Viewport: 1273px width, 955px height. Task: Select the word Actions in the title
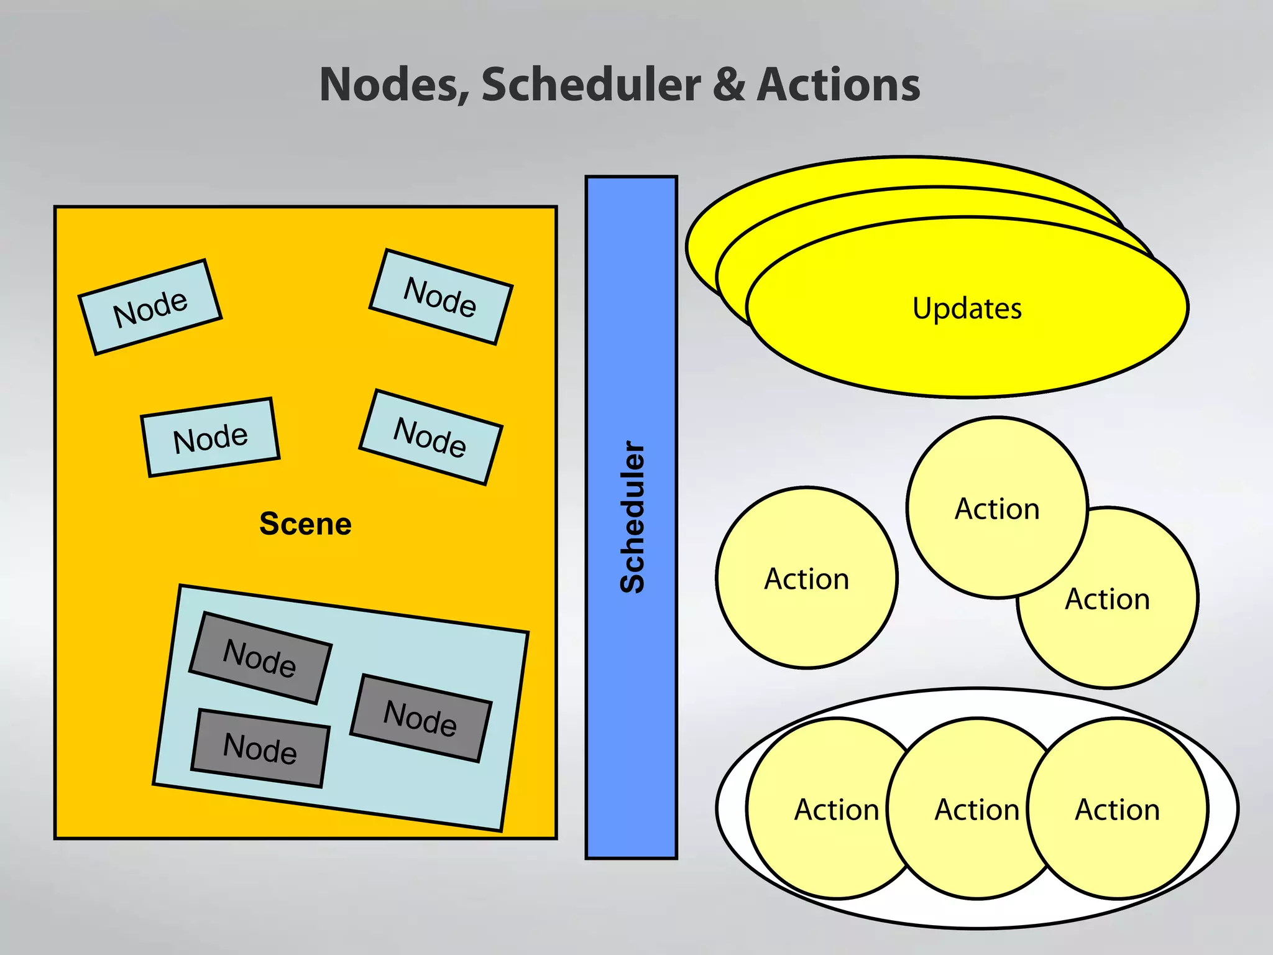point(839,85)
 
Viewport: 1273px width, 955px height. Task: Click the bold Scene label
point(305,524)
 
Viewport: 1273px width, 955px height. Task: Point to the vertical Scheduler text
point(633,516)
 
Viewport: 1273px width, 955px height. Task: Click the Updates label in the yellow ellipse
point(967,308)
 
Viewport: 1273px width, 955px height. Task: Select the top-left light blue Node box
point(150,307)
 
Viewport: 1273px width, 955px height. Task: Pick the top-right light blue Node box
point(441,297)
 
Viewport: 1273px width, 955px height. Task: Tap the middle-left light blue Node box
point(211,437)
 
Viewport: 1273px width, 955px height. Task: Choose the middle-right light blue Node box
point(431,437)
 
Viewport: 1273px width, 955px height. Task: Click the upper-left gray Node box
point(260,658)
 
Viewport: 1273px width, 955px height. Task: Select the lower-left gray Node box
point(260,747)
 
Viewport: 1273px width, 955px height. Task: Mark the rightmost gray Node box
point(421,717)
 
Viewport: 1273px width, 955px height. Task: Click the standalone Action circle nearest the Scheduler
point(807,578)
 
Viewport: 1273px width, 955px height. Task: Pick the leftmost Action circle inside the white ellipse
point(827,809)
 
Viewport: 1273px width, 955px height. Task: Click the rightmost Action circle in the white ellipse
point(1118,809)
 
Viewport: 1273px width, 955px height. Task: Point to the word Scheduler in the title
point(591,85)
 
